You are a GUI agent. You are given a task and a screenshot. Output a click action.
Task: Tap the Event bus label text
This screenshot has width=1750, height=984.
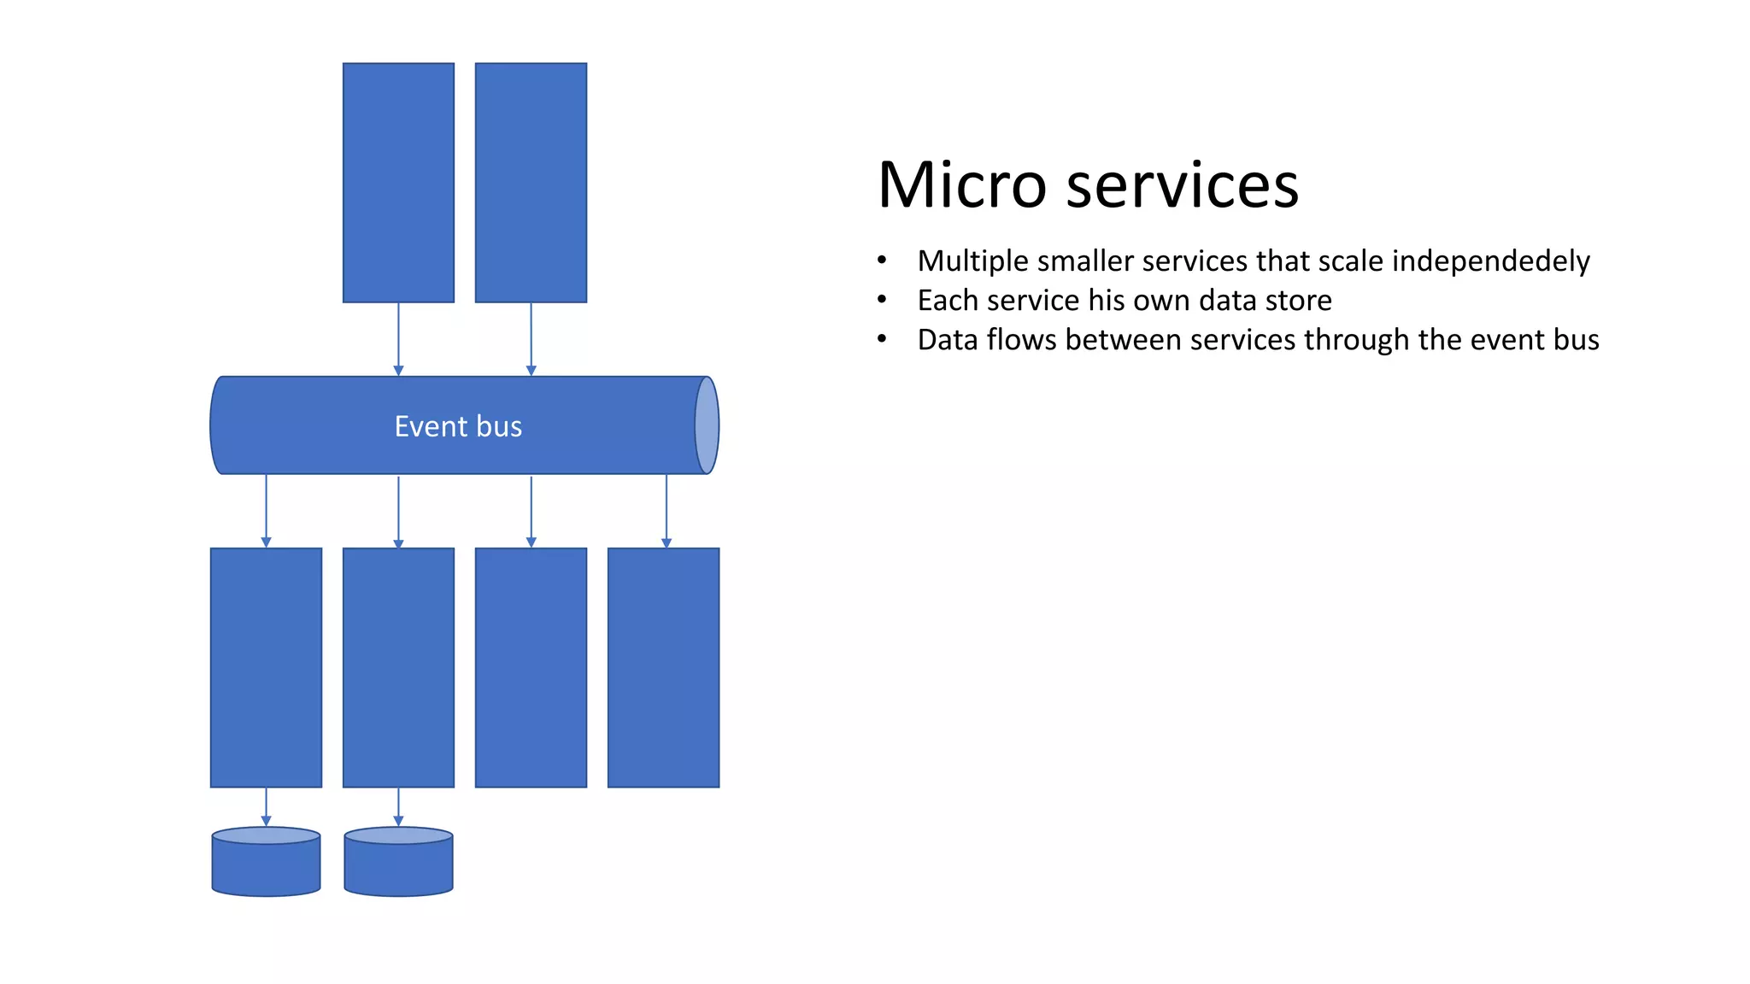click(458, 426)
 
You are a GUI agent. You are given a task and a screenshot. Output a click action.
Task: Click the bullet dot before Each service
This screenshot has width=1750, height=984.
click(882, 301)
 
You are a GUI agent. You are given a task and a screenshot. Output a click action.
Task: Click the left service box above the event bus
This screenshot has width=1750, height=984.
click(398, 183)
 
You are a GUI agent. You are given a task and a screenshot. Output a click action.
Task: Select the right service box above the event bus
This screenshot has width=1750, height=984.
click(531, 183)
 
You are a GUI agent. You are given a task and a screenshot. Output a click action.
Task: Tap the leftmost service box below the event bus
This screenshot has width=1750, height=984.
click(266, 667)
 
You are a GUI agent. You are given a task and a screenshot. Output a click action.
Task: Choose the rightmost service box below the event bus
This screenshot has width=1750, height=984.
click(663, 667)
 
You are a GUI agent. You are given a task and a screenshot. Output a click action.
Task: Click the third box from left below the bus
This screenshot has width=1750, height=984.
click(531, 667)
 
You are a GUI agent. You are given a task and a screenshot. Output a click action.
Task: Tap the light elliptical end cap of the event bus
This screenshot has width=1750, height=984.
click(707, 425)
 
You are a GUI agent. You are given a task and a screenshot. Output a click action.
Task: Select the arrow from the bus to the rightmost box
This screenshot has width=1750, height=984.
click(667, 511)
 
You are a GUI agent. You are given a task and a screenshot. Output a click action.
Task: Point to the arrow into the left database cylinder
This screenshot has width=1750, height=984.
click(266, 806)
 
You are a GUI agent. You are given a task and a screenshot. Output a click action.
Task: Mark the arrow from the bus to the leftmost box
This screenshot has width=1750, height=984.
click(266, 511)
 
